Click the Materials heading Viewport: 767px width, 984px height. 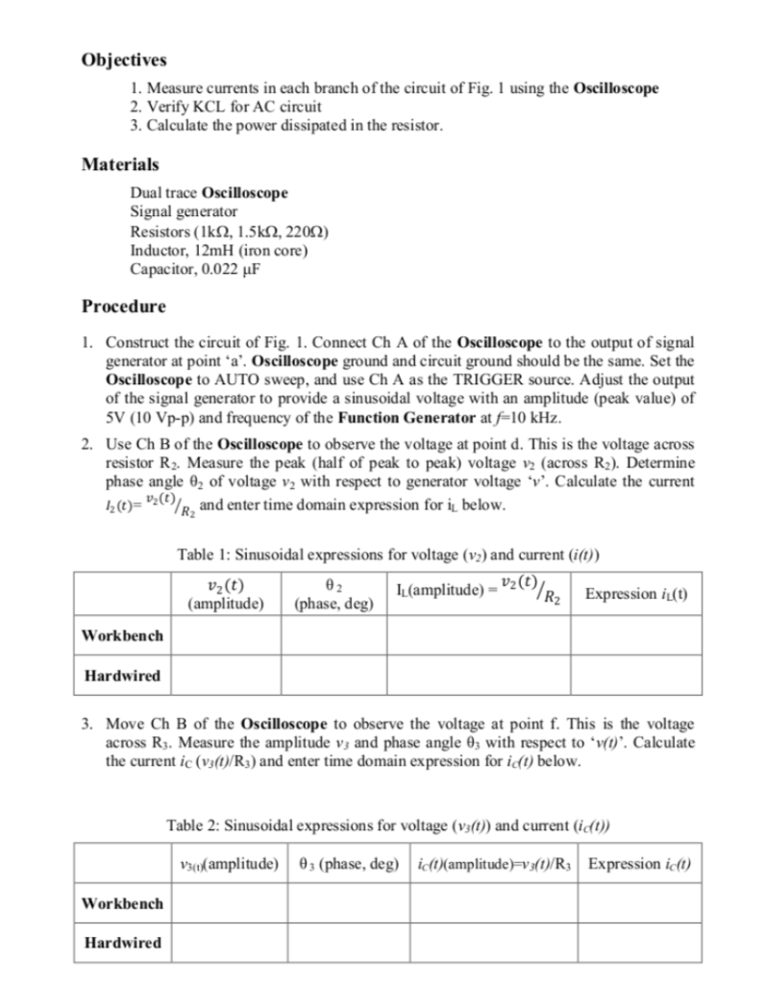click(x=119, y=164)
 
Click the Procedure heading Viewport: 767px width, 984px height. click(x=124, y=307)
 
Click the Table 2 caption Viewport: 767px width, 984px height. click(x=389, y=824)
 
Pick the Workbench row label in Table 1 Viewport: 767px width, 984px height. click(x=122, y=635)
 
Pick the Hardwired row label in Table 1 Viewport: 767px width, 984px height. click(x=121, y=676)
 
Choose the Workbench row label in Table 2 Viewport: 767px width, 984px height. click(x=122, y=903)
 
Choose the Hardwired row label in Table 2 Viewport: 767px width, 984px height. click(x=121, y=943)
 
